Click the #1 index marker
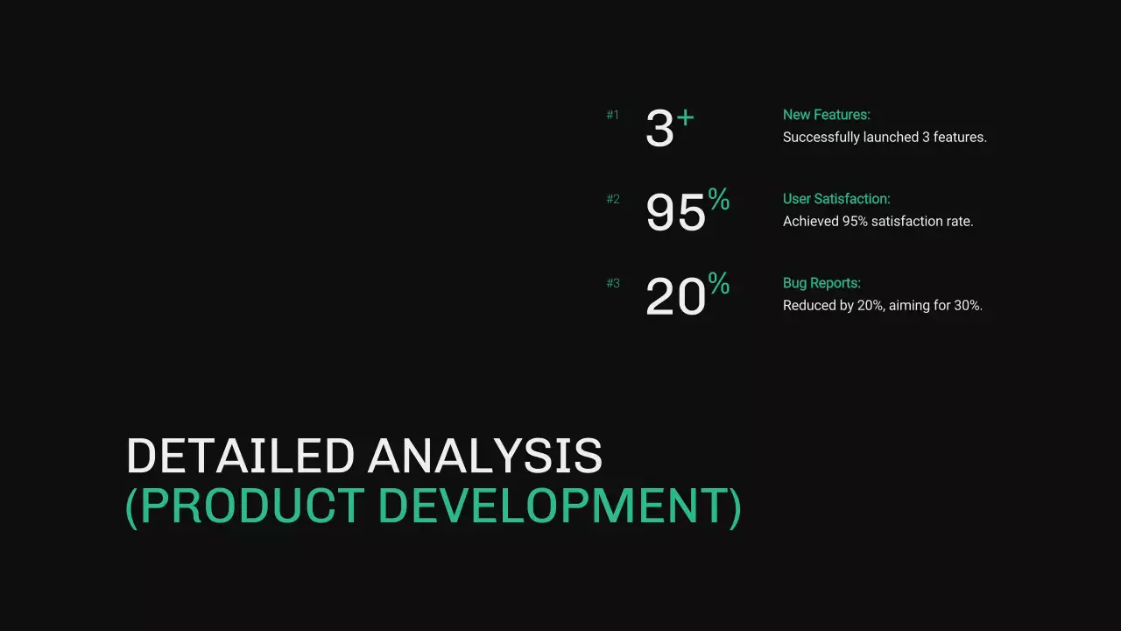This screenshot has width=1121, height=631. (x=613, y=115)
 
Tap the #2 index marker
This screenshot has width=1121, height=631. (x=613, y=199)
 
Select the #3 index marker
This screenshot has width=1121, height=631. (x=613, y=283)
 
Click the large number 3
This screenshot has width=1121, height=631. (x=659, y=129)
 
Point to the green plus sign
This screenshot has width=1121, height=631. (x=685, y=117)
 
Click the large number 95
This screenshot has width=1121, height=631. (x=675, y=213)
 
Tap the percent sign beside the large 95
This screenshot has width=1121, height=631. (x=719, y=200)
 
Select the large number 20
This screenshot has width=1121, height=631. (x=675, y=297)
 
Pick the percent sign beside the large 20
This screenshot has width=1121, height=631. (x=719, y=284)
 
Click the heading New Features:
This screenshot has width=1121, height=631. (x=826, y=115)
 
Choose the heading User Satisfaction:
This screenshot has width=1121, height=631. (x=835, y=199)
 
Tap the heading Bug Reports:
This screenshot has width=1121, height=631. (x=821, y=283)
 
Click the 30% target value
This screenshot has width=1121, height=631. (x=968, y=306)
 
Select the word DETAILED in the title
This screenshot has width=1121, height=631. (x=241, y=457)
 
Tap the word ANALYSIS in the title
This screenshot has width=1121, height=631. (x=485, y=457)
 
